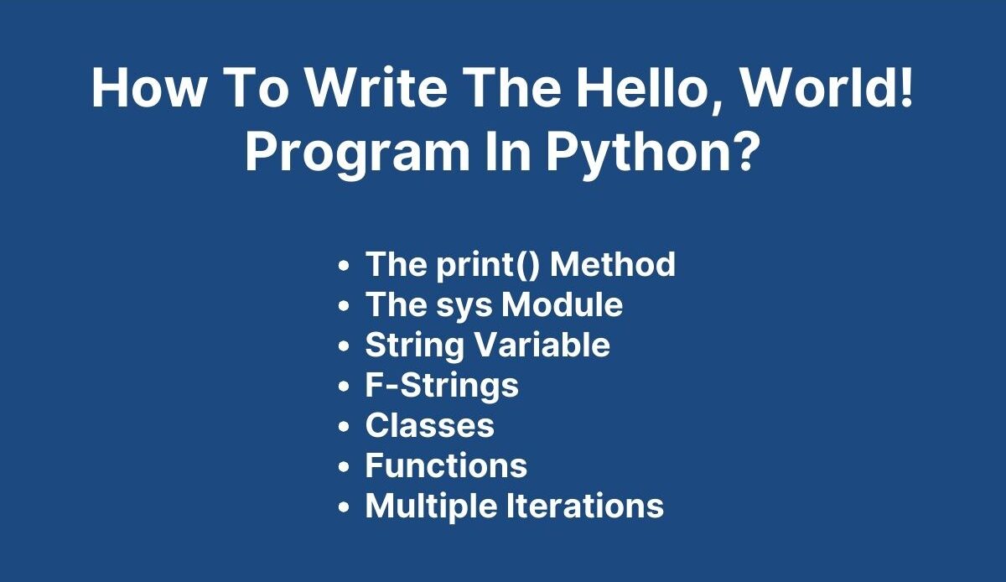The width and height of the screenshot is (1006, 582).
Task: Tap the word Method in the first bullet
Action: (x=613, y=263)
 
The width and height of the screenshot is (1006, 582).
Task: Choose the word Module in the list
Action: (x=563, y=304)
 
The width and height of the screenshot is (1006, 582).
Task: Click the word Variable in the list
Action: (x=542, y=345)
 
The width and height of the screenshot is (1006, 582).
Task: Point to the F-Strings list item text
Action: (x=442, y=386)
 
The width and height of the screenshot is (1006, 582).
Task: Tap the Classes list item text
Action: (x=430, y=425)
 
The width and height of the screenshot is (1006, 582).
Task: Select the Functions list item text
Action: (x=446, y=465)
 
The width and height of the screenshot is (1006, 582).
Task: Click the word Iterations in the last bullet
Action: (x=586, y=506)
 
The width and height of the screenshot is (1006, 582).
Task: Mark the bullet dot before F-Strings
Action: (x=344, y=387)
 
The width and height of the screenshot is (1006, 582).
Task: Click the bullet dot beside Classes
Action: (x=344, y=427)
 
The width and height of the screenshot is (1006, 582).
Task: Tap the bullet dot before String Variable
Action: (x=344, y=346)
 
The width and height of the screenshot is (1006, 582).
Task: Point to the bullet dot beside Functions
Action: (x=344, y=467)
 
